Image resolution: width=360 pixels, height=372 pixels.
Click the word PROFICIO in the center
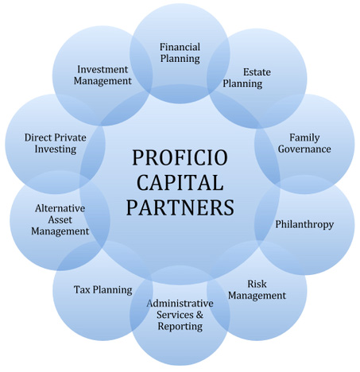[180, 158]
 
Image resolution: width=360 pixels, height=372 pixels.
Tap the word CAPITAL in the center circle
[180, 183]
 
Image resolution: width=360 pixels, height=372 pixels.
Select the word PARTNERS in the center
[180, 207]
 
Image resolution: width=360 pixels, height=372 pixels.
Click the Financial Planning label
[180, 53]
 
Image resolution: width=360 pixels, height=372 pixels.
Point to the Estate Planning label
[246, 78]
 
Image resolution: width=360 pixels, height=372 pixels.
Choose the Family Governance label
[304, 143]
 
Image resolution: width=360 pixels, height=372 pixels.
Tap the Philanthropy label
[304, 225]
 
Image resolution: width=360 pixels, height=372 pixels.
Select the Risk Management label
[257, 290]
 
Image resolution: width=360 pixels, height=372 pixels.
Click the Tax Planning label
[103, 290]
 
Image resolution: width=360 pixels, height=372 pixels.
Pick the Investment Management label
[103, 76]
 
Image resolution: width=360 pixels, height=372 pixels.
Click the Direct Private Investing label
[56, 143]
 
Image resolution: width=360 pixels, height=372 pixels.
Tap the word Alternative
[60, 208]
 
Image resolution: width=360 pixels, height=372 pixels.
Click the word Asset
[60, 220]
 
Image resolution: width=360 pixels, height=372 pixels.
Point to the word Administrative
[180, 304]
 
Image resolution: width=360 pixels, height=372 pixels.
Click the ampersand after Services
[199, 315]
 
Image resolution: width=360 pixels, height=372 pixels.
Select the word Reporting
[180, 327]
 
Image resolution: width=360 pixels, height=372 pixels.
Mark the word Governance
[304, 149]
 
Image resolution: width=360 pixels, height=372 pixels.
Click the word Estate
[257, 72]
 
